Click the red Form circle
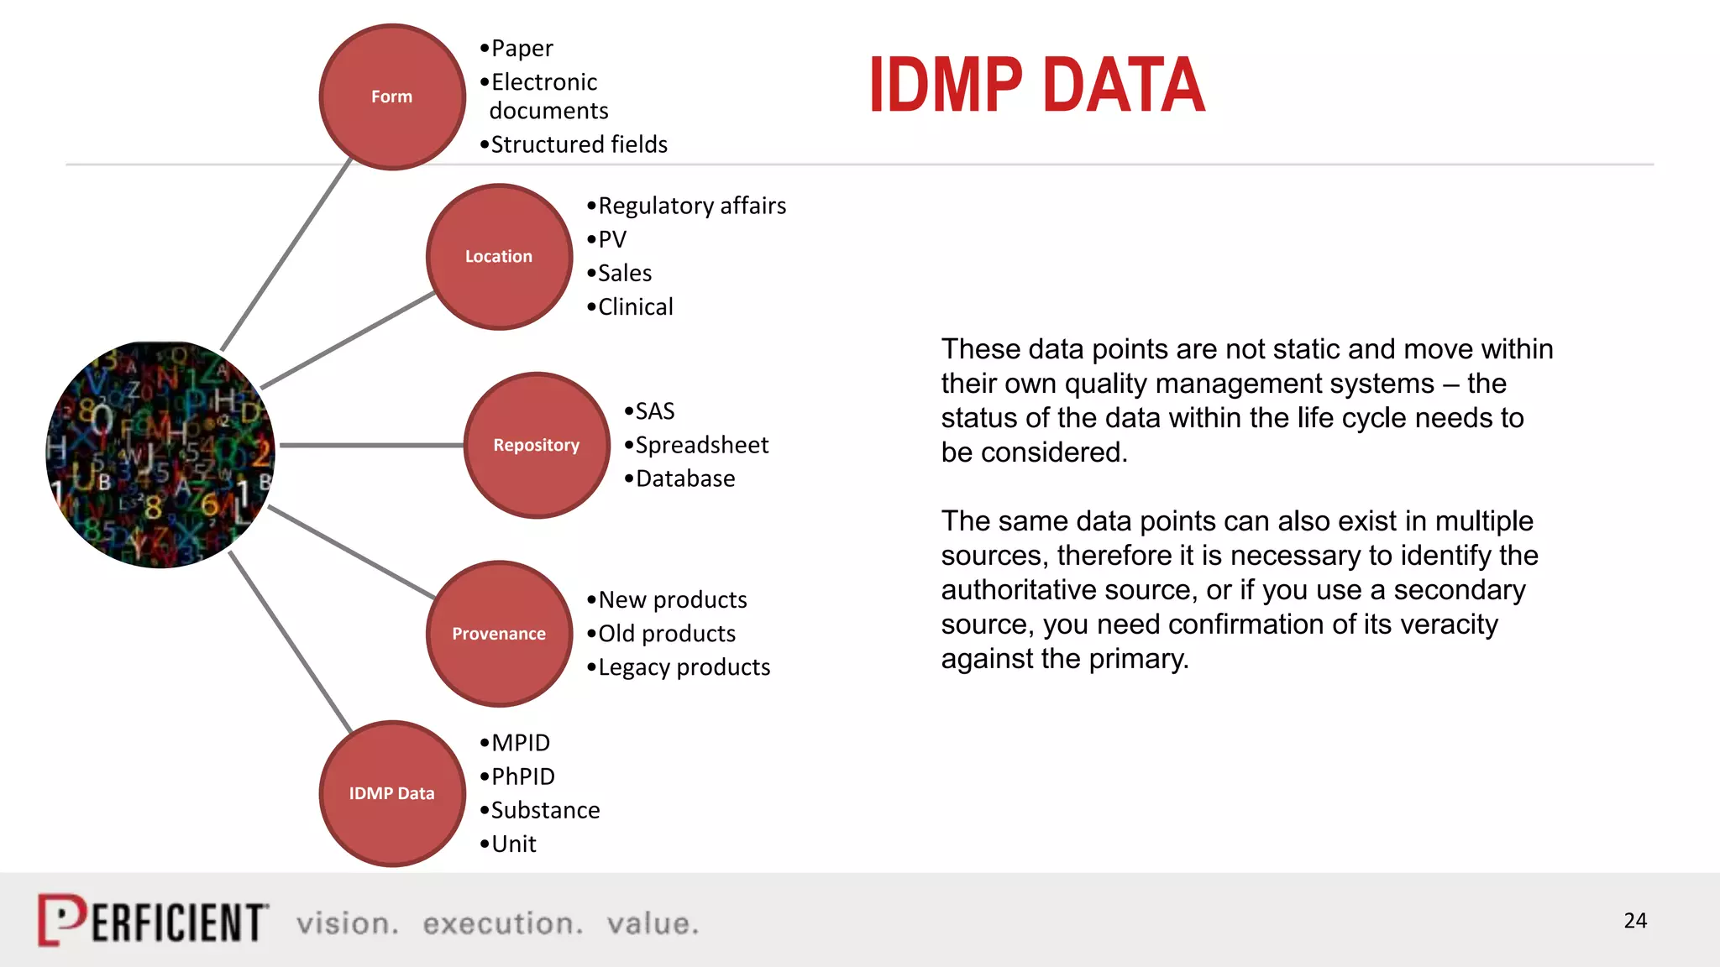pos(391,97)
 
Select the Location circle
pos(499,256)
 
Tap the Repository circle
pos(537,445)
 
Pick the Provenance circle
pos(499,634)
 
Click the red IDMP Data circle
pos(391,793)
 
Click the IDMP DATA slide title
pos(1036,85)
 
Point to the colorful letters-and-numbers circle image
pos(160,454)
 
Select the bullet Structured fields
pos(579,144)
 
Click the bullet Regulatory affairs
pos(691,206)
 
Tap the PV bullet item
pos(611,239)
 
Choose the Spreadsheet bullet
pos(701,445)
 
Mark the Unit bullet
pos(513,844)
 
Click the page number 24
pos(1634,921)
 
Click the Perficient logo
pos(153,921)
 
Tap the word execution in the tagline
pos(502,923)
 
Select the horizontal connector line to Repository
pos(371,445)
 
